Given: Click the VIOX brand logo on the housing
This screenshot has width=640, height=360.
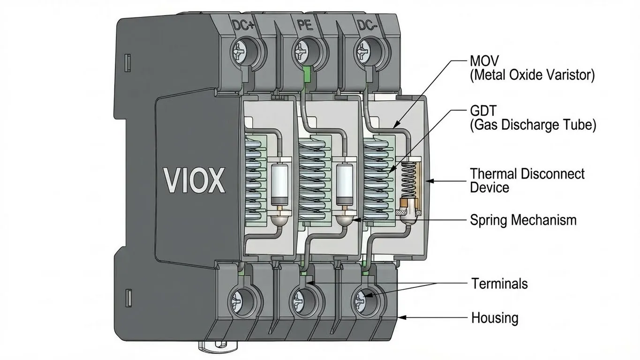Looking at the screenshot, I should (x=194, y=180).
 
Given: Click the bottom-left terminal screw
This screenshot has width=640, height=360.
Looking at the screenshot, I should (x=238, y=298).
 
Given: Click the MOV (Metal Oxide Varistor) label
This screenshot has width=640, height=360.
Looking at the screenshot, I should (x=532, y=68).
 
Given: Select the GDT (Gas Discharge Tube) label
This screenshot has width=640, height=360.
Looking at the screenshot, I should (x=532, y=118).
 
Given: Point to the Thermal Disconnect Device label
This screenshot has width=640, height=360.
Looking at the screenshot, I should (x=527, y=180).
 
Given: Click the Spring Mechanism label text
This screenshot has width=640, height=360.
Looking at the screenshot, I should (x=523, y=220).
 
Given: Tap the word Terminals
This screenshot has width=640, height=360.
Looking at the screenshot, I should (x=499, y=284).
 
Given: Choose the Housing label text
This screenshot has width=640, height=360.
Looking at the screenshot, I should (x=495, y=318).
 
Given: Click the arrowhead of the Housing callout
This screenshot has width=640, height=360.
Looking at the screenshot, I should (x=401, y=318).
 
